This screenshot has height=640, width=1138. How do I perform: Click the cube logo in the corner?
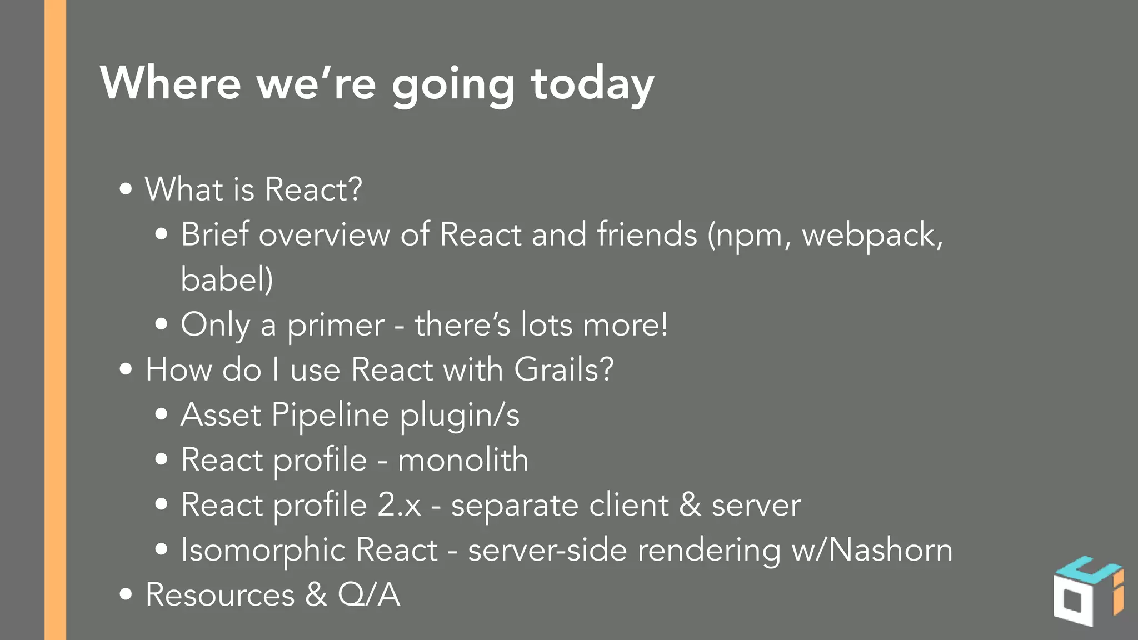(1087, 592)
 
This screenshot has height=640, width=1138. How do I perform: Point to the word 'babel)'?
(227, 279)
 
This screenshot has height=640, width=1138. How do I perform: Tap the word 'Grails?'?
(563, 369)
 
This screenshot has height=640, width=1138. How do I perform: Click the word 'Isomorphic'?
(262, 550)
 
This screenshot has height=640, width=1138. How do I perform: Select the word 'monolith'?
(463, 460)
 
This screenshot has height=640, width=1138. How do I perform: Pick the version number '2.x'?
(399, 505)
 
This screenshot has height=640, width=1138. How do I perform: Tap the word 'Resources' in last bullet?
(220, 595)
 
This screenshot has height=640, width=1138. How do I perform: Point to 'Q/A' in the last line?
(368, 595)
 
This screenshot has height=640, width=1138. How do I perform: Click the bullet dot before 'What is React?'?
(126, 189)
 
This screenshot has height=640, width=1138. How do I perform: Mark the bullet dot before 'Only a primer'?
(162, 324)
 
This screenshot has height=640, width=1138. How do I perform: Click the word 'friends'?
(647, 234)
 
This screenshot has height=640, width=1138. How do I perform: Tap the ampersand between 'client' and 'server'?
(690, 505)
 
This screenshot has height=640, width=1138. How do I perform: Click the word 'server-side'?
(547, 550)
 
